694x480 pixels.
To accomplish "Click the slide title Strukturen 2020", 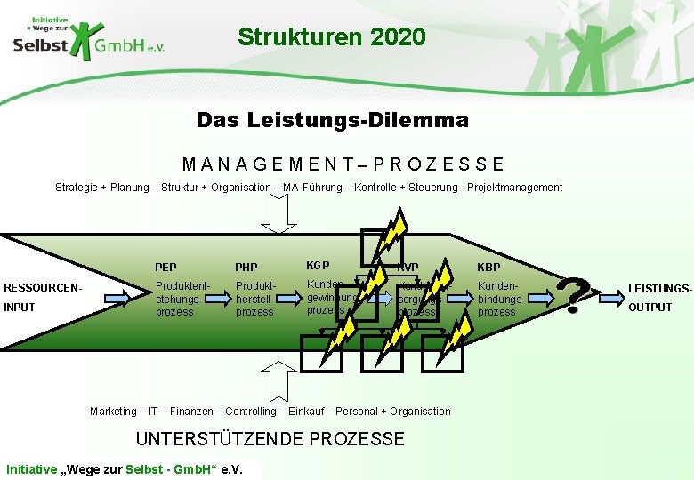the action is point(331,37).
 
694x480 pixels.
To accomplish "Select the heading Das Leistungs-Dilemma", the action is point(332,119).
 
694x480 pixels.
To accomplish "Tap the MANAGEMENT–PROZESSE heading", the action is point(343,164).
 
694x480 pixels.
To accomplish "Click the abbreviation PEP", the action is point(165,268).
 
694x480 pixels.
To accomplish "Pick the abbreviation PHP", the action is point(246,268).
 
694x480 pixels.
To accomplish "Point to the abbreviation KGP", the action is point(318,266).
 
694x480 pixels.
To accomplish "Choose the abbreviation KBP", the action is point(488,268).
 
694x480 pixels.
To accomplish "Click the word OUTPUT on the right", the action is point(651,308).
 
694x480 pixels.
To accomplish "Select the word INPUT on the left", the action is point(20,308).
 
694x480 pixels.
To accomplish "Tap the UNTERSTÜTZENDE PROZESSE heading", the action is point(270,439).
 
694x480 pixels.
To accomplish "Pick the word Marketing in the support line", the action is point(113,412).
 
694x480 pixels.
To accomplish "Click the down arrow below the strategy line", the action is point(279,213).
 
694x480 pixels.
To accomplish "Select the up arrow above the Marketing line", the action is point(279,384).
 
